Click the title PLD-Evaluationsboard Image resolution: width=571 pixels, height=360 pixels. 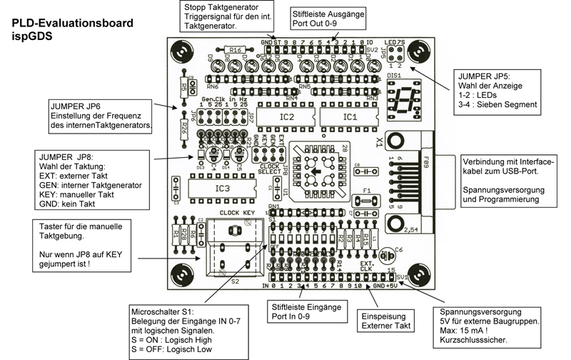pyautogui.click(x=72, y=23)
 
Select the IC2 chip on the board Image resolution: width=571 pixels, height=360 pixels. pyautogui.click(x=285, y=116)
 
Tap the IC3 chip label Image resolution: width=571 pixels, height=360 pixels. pyautogui.click(x=223, y=188)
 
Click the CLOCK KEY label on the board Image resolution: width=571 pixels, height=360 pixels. pyautogui.click(x=238, y=212)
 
